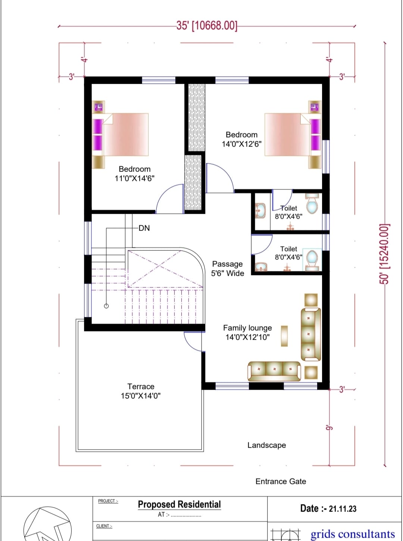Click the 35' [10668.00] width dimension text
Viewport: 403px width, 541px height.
207,26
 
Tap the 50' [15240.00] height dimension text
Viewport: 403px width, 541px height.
385,254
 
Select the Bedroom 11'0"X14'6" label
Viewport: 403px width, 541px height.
135,173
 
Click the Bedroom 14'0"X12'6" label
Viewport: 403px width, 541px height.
241,139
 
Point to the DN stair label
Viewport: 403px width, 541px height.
144,228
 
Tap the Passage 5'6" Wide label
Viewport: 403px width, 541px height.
228,269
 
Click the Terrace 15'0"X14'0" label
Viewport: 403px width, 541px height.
141,391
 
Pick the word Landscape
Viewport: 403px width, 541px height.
267,445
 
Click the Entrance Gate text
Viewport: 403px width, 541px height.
281,481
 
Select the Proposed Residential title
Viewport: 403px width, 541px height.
179,504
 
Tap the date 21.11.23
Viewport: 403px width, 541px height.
343,509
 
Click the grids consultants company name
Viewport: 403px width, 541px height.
353,534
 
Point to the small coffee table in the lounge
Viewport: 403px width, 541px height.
284,336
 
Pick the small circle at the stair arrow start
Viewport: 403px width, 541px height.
106,306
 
